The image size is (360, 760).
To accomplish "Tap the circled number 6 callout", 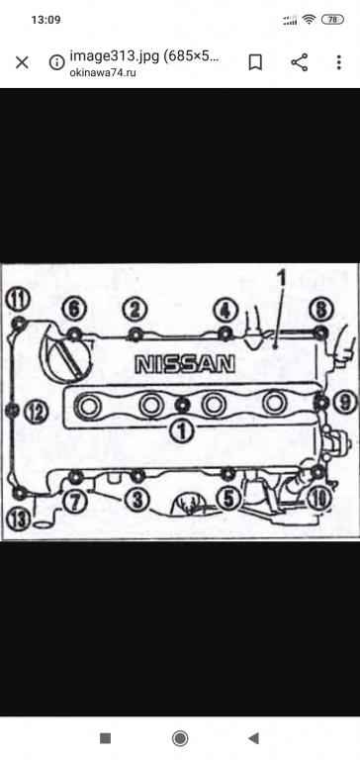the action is click(74, 310).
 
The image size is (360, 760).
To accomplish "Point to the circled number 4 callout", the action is click(226, 310).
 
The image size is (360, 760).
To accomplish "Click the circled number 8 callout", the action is click(321, 310).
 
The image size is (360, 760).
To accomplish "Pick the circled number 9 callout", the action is click(345, 403).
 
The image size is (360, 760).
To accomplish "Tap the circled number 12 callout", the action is click(37, 413).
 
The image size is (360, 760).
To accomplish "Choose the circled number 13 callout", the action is click(19, 520).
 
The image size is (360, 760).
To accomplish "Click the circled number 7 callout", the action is click(75, 501).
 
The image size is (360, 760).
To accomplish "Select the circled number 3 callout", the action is click(138, 500).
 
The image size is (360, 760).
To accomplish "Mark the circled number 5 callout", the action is click(228, 499).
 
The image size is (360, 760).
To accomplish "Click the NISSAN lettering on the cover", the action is click(185, 364).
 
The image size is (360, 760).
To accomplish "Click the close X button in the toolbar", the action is click(22, 62).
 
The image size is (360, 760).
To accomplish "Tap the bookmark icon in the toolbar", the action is click(255, 62).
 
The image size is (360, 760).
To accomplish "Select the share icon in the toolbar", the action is click(300, 62).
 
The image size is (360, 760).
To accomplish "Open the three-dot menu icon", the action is click(339, 62).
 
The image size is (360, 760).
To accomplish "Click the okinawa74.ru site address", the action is click(102, 72).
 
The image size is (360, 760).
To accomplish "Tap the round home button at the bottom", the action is click(180, 738).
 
